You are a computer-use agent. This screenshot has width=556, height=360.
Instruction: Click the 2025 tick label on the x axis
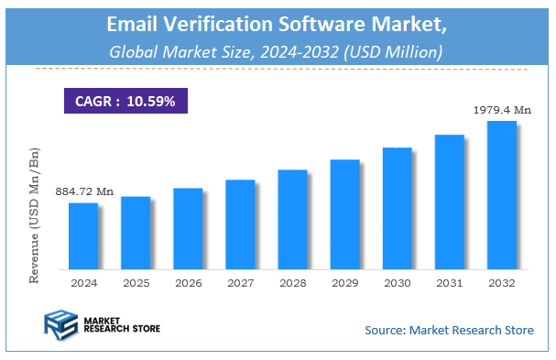pos(136,283)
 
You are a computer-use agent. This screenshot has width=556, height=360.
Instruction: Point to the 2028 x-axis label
pos(292,283)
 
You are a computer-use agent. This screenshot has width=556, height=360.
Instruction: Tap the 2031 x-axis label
pos(450,283)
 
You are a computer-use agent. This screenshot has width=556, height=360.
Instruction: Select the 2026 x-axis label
pos(188,283)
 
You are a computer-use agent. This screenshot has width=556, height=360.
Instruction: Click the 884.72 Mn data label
pos(84,191)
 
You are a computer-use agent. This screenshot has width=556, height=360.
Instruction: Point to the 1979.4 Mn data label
pos(502,110)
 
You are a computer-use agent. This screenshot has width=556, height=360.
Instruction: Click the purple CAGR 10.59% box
pos(125,101)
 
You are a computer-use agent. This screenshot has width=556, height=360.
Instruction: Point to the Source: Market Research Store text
pos(448,330)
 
